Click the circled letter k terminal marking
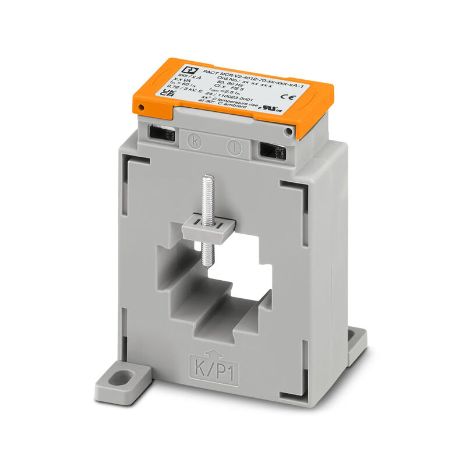coord(195,140)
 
